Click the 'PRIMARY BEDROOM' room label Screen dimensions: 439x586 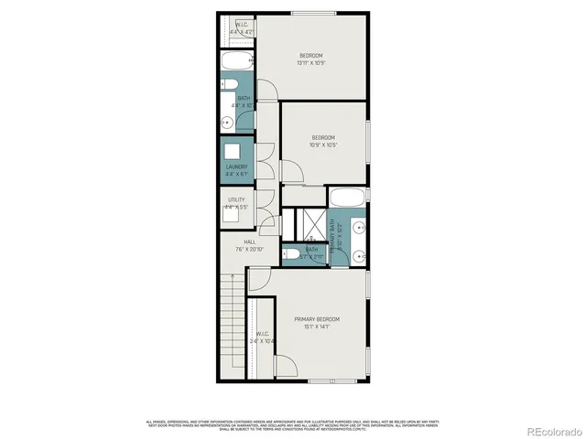coord(317,318)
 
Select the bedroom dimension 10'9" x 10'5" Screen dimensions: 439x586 coord(323,145)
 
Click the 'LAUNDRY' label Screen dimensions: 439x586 coord(236,166)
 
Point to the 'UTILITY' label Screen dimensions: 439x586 coord(236,199)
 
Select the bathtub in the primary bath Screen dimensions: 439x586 coord(347,198)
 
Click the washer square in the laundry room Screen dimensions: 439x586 coord(234,152)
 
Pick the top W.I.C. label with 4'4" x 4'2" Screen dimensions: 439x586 coord(243,28)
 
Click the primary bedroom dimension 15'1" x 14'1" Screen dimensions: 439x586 coord(317,327)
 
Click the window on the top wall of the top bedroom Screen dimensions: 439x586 coord(306,13)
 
